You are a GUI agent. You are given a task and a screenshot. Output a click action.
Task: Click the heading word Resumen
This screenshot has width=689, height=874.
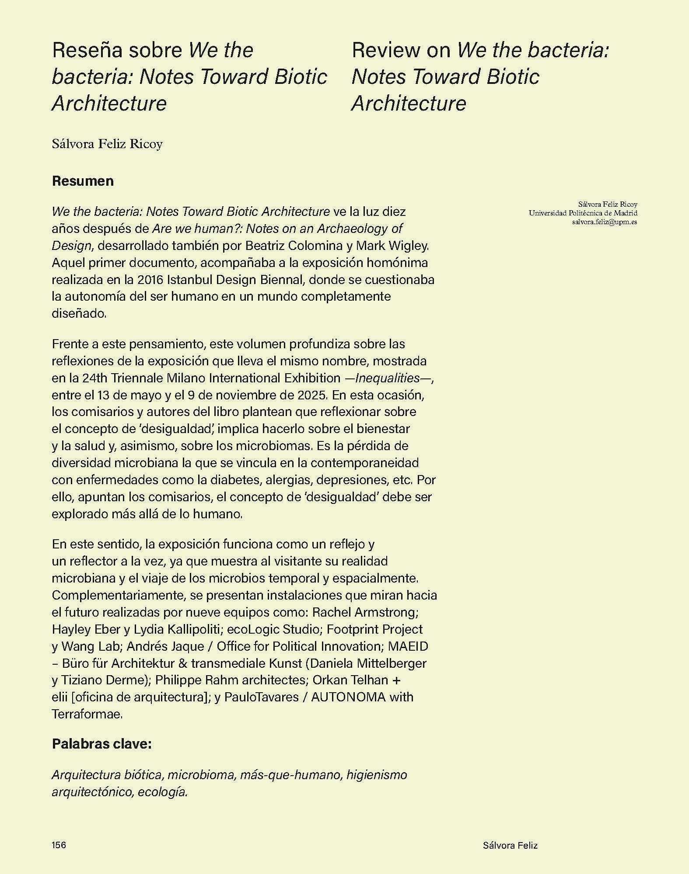pyautogui.click(x=83, y=181)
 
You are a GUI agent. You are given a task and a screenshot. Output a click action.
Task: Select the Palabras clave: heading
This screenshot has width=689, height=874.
pyautogui.click(x=101, y=743)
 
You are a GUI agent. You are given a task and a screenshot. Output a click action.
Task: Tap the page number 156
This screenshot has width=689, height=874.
pyautogui.click(x=59, y=845)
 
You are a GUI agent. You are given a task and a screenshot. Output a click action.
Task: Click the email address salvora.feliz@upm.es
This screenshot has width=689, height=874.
pyautogui.click(x=604, y=222)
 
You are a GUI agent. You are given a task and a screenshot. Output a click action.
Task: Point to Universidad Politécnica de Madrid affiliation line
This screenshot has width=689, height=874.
pyautogui.click(x=583, y=213)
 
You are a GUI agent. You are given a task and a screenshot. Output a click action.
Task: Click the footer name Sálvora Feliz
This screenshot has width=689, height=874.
pyautogui.click(x=510, y=846)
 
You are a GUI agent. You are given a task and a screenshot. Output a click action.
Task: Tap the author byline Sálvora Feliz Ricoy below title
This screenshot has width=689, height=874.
pyautogui.click(x=107, y=144)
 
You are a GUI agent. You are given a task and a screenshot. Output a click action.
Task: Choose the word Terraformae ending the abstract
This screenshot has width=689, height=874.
pyautogui.click(x=87, y=714)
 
